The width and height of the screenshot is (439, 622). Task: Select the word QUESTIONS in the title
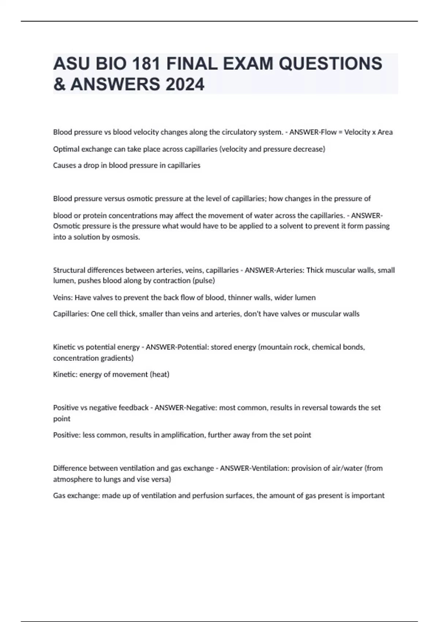point(330,64)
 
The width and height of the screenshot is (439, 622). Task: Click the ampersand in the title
point(59,85)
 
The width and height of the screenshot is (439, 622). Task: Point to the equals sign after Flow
point(340,132)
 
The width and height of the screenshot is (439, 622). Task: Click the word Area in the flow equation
point(385,132)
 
